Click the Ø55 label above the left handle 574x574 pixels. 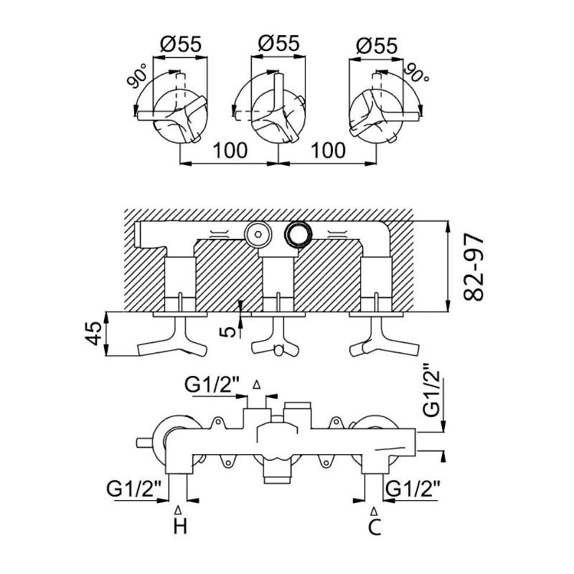pos(181,44)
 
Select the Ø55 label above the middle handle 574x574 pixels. pos(278,43)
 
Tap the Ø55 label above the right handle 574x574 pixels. pos(377,46)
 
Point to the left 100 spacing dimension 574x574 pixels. pos(230,151)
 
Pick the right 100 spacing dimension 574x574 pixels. pos(328,151)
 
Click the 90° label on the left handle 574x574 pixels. pos(137,76)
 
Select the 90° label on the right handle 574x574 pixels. pos(417,74)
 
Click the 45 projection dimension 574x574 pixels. pos(95,334)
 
